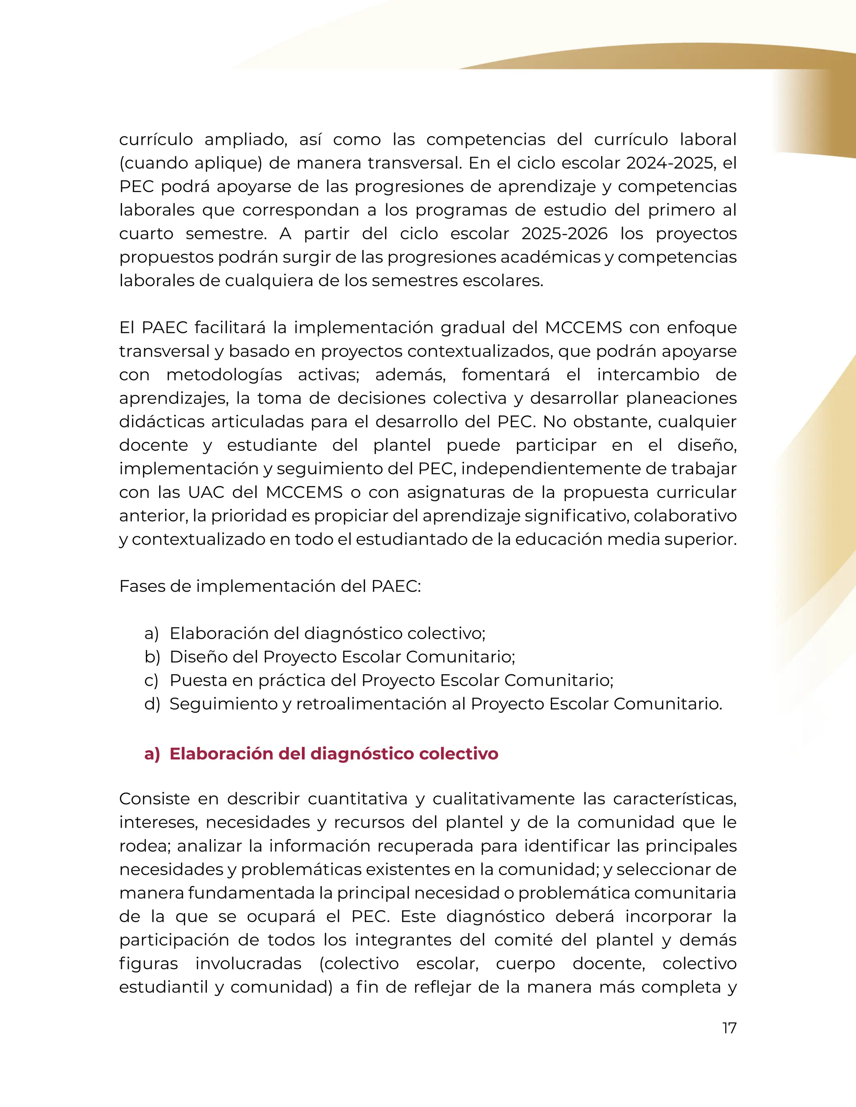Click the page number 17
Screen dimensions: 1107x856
[x=729, y=1028]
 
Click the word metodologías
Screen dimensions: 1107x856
[x=224, y=375]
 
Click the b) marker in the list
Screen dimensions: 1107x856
[x=152, y=657]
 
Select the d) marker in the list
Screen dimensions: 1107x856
[x=152, y=704]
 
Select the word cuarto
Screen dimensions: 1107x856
[x=146, y=234]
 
